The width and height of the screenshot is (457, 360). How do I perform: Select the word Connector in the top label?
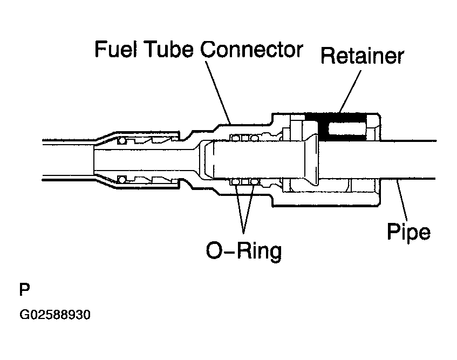click(251, 49)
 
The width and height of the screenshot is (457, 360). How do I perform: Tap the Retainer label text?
click(362, 56)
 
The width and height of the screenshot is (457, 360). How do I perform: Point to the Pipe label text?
click(408, 232)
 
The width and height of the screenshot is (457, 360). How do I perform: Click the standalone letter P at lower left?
click(24, 289)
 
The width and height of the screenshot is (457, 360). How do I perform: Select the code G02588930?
click(55, 315)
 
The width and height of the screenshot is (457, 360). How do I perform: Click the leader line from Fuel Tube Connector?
click(218, 92)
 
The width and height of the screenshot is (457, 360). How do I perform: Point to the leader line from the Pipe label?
click(402, 199)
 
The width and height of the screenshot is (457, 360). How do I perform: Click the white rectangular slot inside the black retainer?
click(347, 128)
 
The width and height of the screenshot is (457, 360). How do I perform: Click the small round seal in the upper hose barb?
click(121, 141)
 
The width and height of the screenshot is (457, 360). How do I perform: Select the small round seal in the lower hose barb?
click(121, 179)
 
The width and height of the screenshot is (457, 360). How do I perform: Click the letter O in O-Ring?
click(215, 250)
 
